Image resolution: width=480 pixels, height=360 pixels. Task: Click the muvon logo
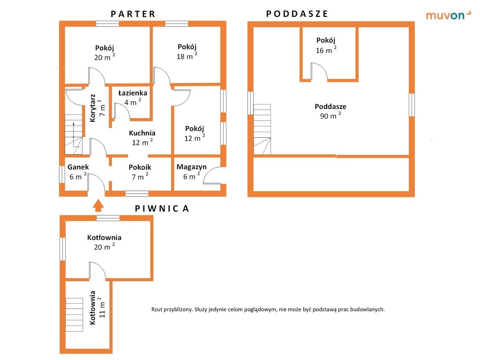click(x=449, y=15)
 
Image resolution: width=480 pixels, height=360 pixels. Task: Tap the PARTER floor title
click(x=133, y=14)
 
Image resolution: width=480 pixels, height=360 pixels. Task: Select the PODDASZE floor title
click(x=297, y=14)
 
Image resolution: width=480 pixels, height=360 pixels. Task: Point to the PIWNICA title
click(x=162, y=209)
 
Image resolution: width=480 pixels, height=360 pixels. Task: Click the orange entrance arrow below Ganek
click(x=98, y=205)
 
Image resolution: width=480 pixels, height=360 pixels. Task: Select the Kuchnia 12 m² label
click(x=142, y=137)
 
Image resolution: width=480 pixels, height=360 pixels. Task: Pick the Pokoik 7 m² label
click(x=140, y=172)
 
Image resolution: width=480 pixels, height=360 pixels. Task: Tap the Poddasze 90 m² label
click(x=330, y=111)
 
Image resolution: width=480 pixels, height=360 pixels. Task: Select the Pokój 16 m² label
click(x=326, y=45)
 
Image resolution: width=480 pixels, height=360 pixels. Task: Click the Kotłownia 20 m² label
click(x=104, y=242)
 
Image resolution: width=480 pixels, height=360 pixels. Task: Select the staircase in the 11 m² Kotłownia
click(x=75, y=315)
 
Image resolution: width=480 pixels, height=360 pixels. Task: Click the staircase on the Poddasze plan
click(x=262, y=129)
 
